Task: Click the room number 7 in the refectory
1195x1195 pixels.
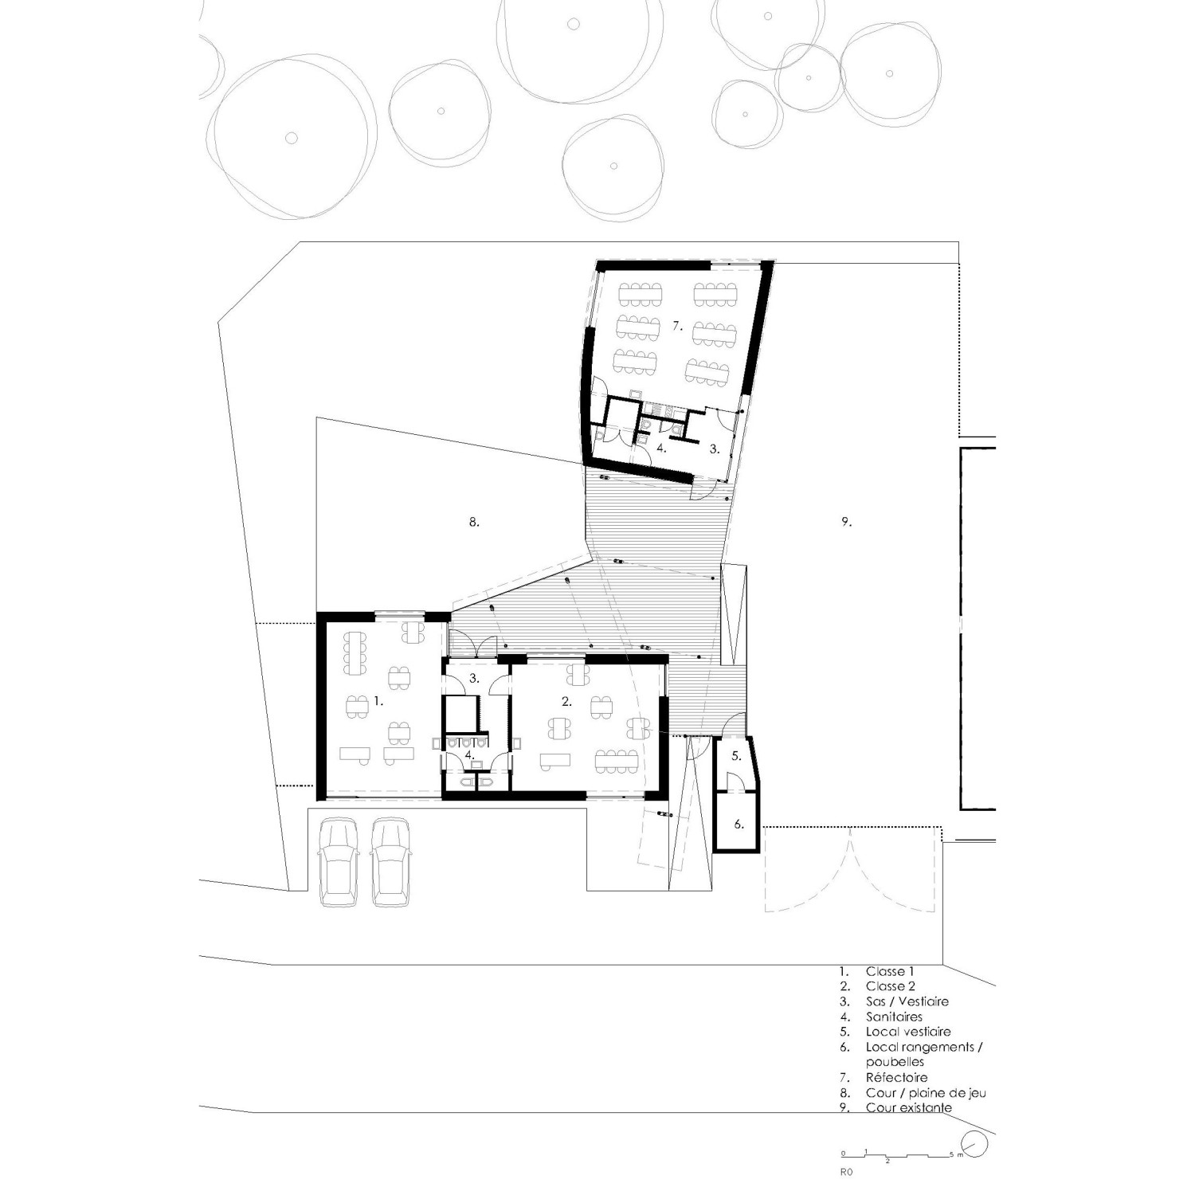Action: point(677,326)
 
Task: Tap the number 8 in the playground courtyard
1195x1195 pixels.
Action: point(473,523)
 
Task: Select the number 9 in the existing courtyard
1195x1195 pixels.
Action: point(846,523)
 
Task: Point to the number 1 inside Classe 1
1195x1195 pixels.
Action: point(378,702)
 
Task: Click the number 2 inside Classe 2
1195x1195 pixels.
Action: point(566,702)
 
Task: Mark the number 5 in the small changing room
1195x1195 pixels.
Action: point(736,756)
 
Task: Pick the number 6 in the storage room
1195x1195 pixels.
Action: point(739,825)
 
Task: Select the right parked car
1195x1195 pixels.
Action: point(390,863)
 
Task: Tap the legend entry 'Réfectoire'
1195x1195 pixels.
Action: point(896,1077)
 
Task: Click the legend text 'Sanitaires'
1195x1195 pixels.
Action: point(894,1017)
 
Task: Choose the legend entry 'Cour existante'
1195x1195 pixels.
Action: point(908,1107)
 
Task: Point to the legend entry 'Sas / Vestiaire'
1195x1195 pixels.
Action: point(907,1001)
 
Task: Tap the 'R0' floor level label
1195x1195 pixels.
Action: point(846,1173)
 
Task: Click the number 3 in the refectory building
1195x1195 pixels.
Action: point(715,449)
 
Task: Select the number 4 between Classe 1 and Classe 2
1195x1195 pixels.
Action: point(470,754)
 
